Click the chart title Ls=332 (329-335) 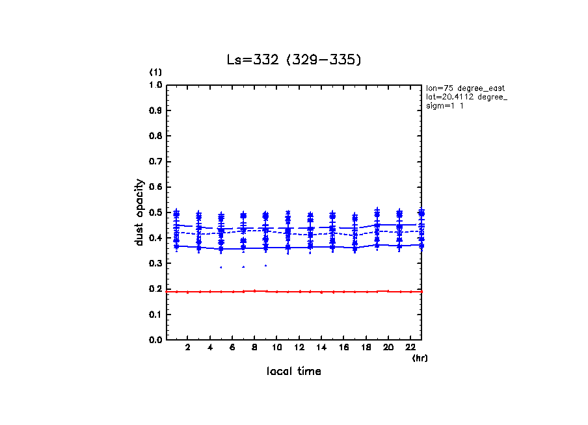click(x=293, y=60)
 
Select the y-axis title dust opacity click(x=139, y=212)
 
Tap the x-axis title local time click(x=293, y=372)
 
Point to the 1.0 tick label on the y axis click(x=155, y=85)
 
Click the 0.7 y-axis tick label click(x=155, y=162)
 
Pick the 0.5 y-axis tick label click(x=155, y=212)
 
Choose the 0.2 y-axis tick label click(x=155, y=289)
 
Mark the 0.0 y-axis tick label click(x=155, y=340)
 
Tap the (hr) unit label click(x=420, y=358)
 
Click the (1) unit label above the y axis click(x=155, y=71)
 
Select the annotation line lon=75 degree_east click(x=466, y=88)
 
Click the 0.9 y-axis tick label click(x=155, y=110)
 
